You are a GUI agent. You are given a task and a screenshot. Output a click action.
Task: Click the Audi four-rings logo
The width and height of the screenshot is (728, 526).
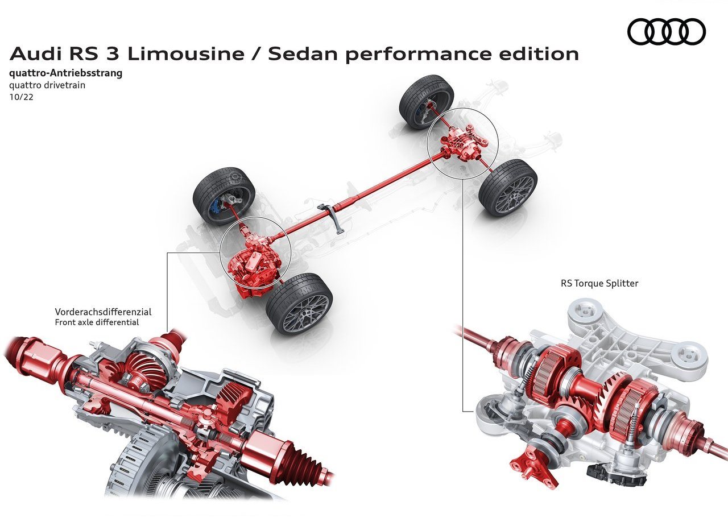pos(666,31)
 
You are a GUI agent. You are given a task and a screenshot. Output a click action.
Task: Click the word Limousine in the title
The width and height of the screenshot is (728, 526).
pos(185,54)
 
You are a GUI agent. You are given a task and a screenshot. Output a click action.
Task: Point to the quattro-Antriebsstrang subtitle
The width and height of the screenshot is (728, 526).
pos(66,73)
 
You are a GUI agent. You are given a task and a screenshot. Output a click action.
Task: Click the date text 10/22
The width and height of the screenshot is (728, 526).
pos(22,97)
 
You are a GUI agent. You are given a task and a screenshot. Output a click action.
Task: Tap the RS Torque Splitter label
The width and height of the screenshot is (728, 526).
pos(599,283)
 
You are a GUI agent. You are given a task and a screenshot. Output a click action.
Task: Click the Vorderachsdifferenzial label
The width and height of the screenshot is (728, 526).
pos(103,312)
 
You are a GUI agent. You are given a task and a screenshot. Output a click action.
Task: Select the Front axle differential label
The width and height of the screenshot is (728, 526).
pos(97,322)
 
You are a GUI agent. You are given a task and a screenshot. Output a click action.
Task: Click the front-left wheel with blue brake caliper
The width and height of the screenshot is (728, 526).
pos(224,197)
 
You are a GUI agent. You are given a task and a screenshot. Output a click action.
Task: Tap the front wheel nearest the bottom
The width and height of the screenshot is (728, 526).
pos(299,304)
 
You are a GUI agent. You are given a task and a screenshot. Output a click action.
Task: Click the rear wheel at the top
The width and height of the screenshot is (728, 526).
pos(427,102)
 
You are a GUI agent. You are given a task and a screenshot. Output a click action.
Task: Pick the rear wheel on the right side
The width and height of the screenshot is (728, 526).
pos(508,188)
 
